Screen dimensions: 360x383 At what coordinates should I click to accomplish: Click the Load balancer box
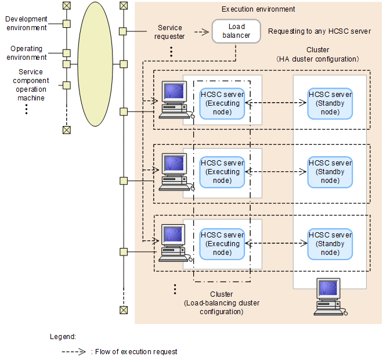click(236, 31)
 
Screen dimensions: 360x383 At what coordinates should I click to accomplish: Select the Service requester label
click(171, 31)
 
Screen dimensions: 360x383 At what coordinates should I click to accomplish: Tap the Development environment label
click(26, 23)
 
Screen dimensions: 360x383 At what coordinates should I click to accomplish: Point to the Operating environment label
click(26, 53)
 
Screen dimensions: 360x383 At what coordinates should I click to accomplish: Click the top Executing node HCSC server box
click(222, 103)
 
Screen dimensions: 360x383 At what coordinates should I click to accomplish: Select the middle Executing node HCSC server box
click(222, 172)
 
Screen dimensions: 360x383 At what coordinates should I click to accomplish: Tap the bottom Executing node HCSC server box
click(222, 244)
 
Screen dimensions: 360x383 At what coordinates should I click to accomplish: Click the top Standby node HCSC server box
click(330, 103)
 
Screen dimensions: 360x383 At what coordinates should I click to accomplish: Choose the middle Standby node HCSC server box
click(330, 172)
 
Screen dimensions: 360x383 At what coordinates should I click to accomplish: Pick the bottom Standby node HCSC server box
click(330, 244)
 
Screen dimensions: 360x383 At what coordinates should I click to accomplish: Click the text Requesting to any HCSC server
click(319, 31)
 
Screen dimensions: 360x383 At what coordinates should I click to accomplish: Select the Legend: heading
click(63, 336)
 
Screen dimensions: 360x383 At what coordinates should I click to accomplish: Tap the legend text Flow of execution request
click(134, 351)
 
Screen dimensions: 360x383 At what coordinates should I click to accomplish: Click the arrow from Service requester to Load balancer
click(201, 32)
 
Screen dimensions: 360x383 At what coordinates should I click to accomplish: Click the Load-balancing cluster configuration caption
click(222, 303)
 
